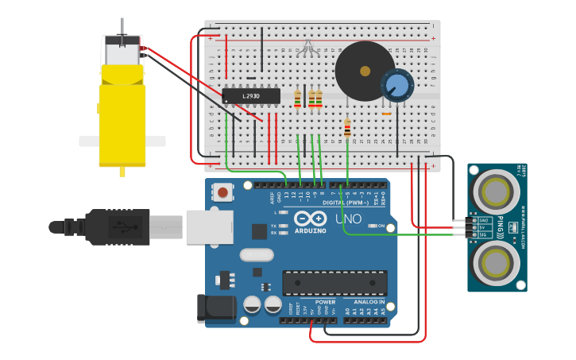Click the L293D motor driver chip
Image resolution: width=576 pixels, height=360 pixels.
(x=251, y=96)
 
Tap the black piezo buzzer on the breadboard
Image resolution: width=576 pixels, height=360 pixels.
(x=364, y=71)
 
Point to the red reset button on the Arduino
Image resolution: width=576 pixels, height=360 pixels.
(x=224, y=192)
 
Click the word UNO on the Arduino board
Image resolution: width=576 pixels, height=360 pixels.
(x=346, y=219)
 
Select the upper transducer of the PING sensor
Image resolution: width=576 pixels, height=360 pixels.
(x=496, y=192)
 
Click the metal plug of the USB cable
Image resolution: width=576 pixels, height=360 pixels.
(x=209, y=226)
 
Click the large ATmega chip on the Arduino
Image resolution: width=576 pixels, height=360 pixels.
(x=334, y=282)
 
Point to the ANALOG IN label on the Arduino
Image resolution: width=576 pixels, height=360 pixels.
(x=369, y=302)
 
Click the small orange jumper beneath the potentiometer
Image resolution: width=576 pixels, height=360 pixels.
(x=386, y=114)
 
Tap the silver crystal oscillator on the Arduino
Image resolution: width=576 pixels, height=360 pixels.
(x=256, y=255)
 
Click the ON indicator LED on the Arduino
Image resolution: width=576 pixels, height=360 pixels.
(x=373, y=226)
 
